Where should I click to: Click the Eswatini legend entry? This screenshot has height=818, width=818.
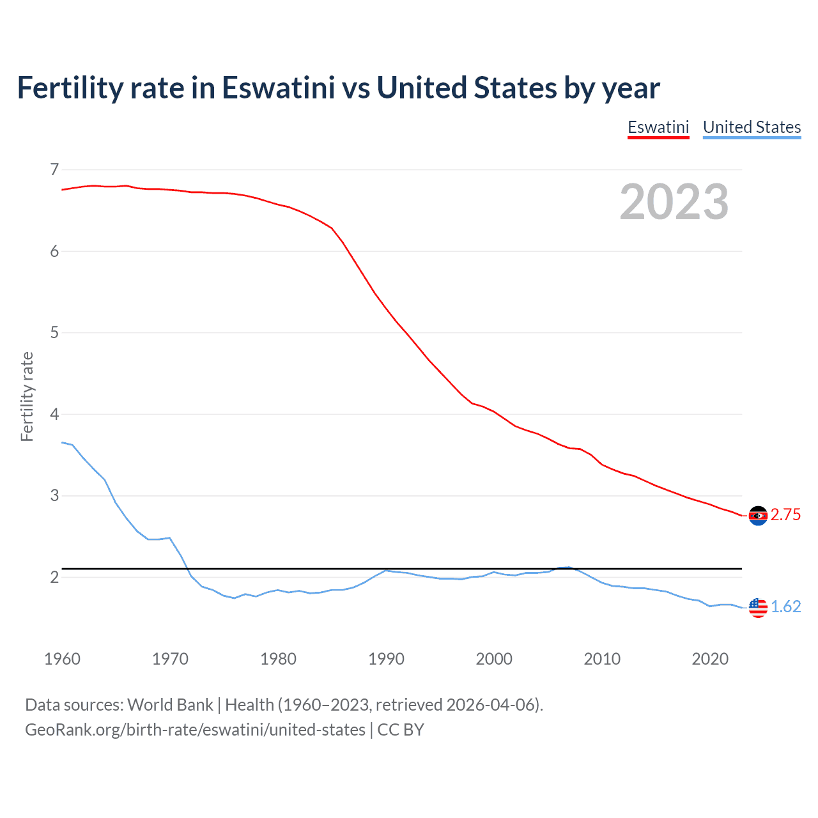coord(658,127)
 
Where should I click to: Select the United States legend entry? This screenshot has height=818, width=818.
coord(752,127)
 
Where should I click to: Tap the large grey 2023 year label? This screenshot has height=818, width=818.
coord(674,202)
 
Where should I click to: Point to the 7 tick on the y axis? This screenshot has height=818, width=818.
coord(54,169)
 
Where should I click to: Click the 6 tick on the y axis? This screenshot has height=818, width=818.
coord(54,251)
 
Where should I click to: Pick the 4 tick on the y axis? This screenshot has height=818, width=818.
coord(54,414)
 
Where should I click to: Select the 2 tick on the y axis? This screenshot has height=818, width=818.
coord(54,577)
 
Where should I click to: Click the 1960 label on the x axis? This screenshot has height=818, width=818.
coord(62,659)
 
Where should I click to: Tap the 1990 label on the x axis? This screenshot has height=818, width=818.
coord(386,659)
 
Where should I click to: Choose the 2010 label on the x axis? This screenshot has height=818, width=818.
coord(602,659)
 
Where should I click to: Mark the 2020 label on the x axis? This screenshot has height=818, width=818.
coord(710,659)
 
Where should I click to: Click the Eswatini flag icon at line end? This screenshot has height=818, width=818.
coord(758,516)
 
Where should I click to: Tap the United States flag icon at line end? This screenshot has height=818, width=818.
coord(758,607)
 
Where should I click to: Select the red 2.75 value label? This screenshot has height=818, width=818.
coord(785,515)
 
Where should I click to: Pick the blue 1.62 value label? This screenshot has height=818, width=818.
coord(785,606)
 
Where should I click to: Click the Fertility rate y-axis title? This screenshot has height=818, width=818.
coord(27,396)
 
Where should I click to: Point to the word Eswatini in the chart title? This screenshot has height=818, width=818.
coord(278,88)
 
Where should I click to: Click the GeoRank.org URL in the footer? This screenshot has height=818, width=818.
coord(195,730)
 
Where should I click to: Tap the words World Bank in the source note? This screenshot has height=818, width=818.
coord(170,705)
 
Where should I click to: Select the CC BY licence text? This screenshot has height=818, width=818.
coord(401,730)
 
